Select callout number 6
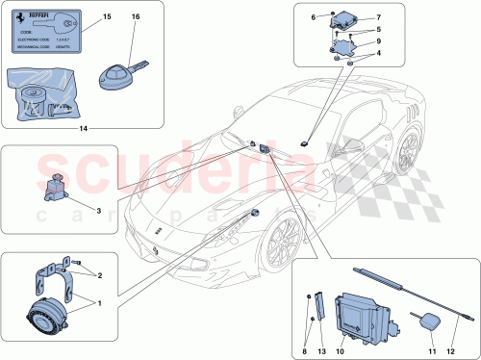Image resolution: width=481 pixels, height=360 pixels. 313,17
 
